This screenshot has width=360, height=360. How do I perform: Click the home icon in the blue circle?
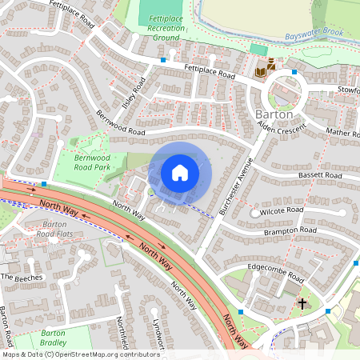tap(180, 172)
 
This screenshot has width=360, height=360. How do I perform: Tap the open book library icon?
tap(261, 74)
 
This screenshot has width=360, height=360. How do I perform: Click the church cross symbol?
tap(302, 303)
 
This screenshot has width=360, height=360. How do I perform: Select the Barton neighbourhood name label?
tap(274, 115)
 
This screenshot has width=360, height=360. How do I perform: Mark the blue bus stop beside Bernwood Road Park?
tap(44, 184)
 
